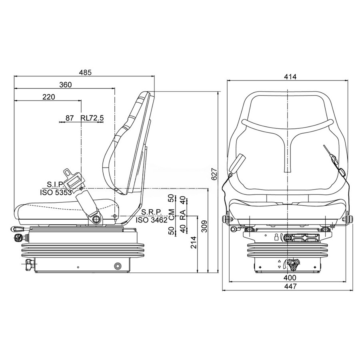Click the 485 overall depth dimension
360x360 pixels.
point(85,72)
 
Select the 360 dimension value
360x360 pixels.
point(66,85)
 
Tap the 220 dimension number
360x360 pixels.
point(49,97)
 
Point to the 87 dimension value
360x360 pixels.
point(70,118)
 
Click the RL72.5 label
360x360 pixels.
point(92,118)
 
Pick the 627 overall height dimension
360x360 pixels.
point(214,174)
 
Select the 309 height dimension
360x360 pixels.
point(204,226)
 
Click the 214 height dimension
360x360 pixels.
point(194,242)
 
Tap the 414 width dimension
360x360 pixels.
point(290,77)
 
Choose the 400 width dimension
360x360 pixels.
point(290,278)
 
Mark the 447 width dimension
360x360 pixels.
point(290,286)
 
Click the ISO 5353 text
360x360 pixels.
point(56,192)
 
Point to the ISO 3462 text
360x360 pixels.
point(152,220)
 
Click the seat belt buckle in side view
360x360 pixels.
point(72,178)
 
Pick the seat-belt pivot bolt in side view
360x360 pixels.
point(96,218)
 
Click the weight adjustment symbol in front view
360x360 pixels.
point(276,237)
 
